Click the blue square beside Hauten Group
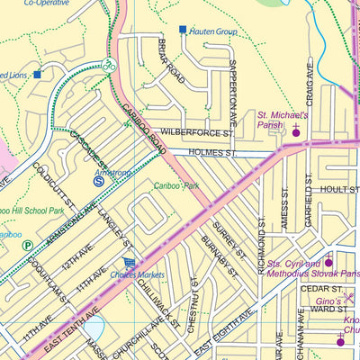[183, 30]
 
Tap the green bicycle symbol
[107, 65]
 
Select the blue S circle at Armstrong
[99, 181]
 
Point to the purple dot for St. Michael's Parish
[296, 133]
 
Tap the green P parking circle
[27, 245]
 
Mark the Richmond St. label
[262, 248]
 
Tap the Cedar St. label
[317, 289]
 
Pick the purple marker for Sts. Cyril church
[328, 262]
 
